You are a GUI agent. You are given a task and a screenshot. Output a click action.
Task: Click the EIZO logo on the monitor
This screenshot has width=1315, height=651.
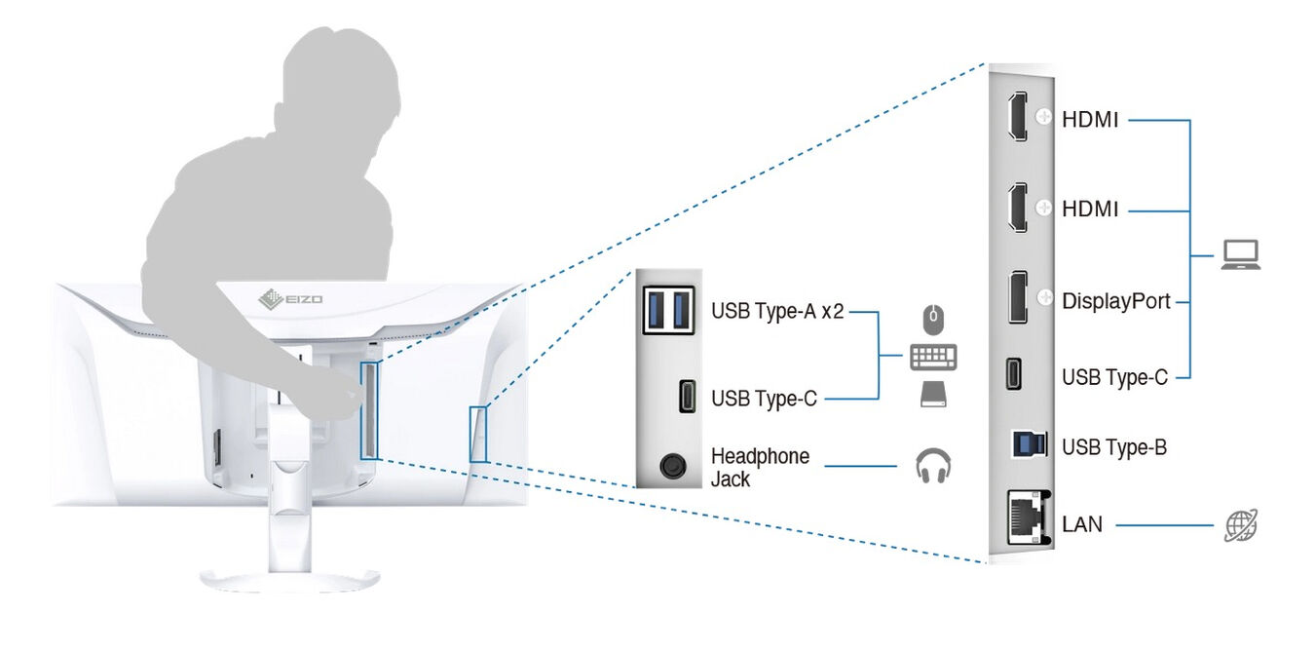coord(290,299)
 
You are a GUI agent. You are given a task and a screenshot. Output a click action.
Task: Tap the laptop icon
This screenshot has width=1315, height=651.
coord(1240,255)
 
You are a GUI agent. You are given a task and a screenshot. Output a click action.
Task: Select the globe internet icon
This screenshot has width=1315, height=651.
coord(1241,524)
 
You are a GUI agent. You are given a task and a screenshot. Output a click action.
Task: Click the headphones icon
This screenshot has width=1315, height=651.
coord(933,466)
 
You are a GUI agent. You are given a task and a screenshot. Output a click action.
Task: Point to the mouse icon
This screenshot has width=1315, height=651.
coord(933,321)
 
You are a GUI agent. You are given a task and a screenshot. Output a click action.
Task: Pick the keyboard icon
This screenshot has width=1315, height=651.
coord(933,358)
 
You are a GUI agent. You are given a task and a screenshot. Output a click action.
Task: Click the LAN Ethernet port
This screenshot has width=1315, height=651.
coord(1029,517)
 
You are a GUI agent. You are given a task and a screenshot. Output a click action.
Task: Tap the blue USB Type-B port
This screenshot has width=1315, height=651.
coord(1030,444)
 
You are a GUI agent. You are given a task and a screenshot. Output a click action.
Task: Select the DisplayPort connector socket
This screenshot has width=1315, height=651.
coord(1018,296)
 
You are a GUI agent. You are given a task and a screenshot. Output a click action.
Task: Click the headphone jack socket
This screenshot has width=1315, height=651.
coord(672,467)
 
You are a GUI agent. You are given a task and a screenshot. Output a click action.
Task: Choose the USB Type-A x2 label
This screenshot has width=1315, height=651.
coord(777,311)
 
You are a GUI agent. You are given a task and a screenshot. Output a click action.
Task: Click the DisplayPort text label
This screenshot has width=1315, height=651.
coord(1116,301)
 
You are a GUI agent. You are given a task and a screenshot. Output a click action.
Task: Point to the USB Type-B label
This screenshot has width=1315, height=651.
coord(1114,447)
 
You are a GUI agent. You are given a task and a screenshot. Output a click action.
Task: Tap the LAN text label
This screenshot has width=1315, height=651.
coord(1082,524)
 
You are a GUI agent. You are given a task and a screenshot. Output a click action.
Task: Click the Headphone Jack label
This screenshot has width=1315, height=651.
coord(760,467)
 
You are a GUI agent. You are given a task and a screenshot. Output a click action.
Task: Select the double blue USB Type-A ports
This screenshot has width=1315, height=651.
coord(668,310)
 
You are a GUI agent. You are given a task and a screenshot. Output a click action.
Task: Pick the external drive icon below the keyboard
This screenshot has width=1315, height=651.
coord(933,394)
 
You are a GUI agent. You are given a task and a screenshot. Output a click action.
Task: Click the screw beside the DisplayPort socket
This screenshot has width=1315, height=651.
coord(1044,296)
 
